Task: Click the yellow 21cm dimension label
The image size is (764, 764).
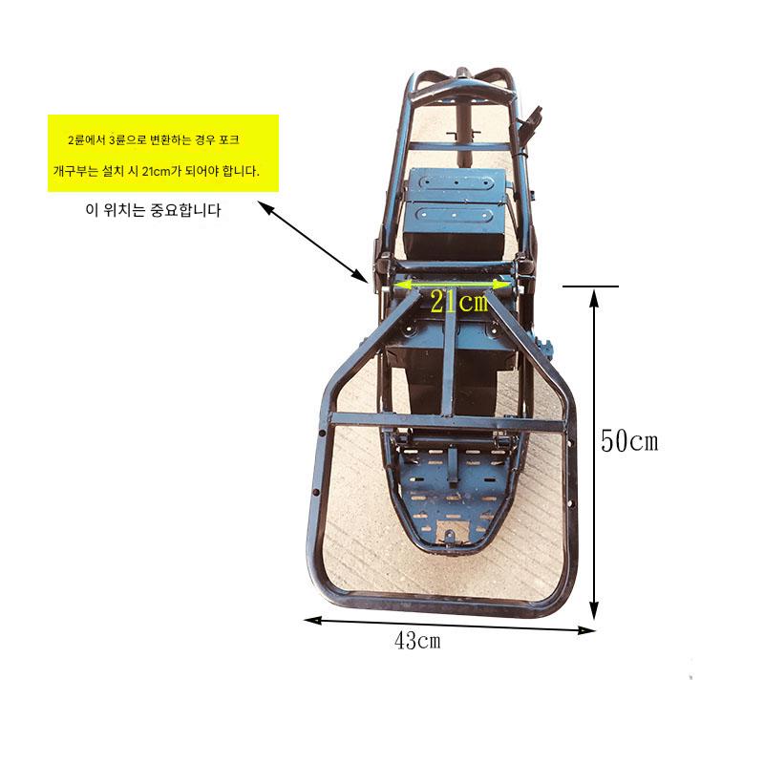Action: (459, 302)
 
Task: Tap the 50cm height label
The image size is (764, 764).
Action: (629, 441)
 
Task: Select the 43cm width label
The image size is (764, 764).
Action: (417, 640)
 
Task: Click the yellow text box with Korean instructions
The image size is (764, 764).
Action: (163, 154)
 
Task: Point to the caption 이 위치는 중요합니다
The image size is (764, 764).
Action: (153, 210)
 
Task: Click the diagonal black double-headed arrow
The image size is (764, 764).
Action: (312, 242)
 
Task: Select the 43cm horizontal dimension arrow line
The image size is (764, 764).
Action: (449, 626)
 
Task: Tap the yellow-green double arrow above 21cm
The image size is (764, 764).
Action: (452, 285)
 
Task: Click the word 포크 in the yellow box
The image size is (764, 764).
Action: (229, 139)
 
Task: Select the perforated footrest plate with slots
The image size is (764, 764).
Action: (452, 492)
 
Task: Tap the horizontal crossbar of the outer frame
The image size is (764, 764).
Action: (446, 421)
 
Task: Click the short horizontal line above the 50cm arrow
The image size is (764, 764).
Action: (590, 286)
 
